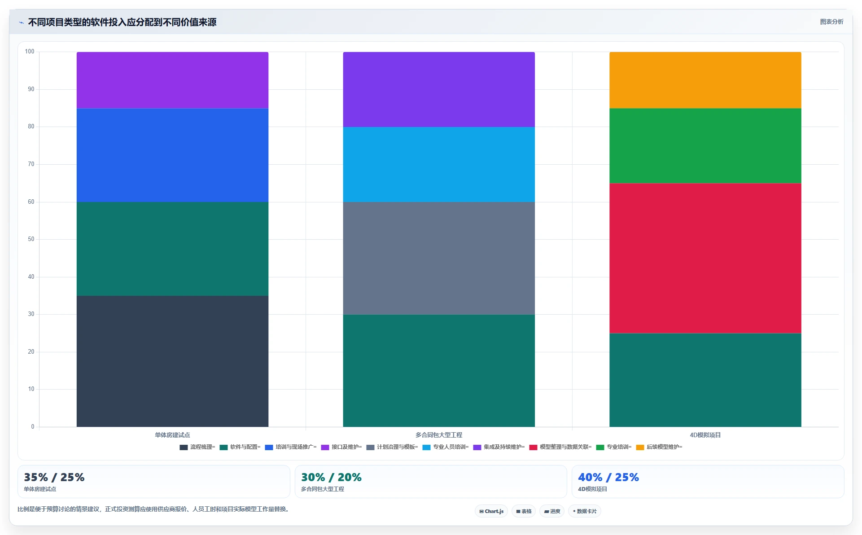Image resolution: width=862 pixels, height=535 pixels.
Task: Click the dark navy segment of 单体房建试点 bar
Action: point(172,361)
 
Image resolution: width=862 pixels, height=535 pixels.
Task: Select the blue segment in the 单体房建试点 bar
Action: point(172,155)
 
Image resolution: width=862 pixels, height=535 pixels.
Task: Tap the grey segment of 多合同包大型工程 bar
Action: point(439,258)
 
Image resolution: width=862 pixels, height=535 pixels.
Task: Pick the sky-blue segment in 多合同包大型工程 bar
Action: point(439,164)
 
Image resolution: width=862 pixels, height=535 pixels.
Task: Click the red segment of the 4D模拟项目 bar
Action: point(705,258)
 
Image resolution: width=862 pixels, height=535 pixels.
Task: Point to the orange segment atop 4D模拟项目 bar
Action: point(705,80)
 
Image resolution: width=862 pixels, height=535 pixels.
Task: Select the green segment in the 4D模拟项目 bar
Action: point(705,146)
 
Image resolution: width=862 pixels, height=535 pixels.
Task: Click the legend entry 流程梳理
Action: point(197,447)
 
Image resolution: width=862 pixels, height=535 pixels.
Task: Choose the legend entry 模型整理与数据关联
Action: point(560,447)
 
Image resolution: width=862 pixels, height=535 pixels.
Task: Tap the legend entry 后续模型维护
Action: point(659,447)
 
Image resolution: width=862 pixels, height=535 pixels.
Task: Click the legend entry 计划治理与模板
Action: point(392,447)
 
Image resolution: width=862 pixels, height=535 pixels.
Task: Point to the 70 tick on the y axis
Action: point(31,164)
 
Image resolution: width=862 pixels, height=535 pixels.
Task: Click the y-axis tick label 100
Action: point(30,52)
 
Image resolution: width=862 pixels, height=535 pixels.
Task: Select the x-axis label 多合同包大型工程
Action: point(439,435)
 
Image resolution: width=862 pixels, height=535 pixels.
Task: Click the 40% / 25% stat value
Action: point(608,477)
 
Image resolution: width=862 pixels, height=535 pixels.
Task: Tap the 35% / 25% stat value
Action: point(54,477)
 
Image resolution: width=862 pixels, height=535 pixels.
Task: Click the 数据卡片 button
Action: point(585,511)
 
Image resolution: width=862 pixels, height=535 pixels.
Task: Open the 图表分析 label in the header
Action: point(831,22)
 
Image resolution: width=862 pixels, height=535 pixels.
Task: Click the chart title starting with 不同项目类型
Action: point(122,22)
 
